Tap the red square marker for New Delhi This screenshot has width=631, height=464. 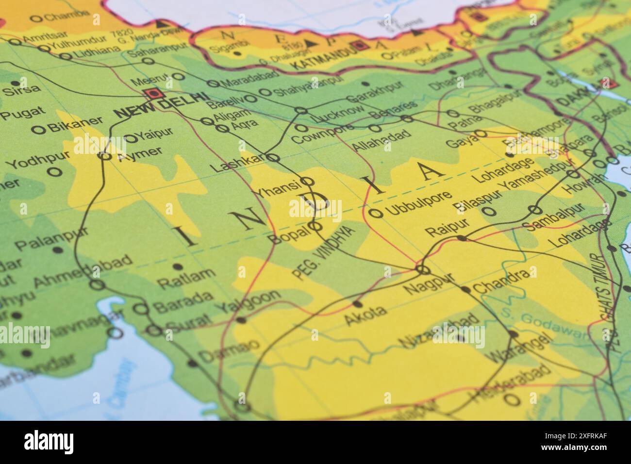(154, 93)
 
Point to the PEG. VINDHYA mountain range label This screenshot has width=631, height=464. (324, 251)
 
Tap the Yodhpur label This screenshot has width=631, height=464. (34, 159)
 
